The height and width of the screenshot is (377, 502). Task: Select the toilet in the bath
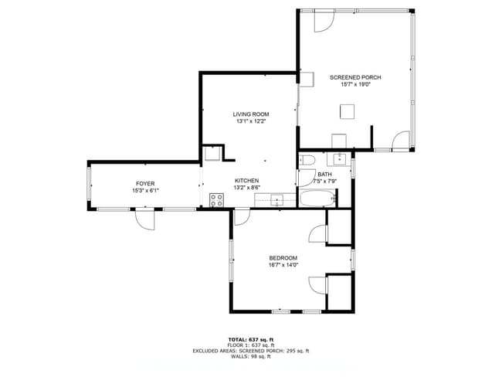[x=307, y=160]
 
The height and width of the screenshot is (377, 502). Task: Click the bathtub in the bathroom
[x=317, y=199]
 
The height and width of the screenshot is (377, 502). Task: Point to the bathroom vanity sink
[x=338, y=159]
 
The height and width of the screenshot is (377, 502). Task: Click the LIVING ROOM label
[x=251, y=114]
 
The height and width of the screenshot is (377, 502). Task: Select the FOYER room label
[x=145, y=183]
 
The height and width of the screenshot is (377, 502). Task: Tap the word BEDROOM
[x=283, y=258]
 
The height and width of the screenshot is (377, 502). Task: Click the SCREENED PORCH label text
[x=355, y=77]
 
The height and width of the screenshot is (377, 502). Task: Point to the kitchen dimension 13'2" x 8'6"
[x=247, y=188]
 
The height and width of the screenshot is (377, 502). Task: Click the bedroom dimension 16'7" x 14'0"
[x=283, y=265]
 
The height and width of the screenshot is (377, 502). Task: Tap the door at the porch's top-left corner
[x=324, y=21]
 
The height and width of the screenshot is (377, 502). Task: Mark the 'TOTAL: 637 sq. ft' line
[x=251, y=339]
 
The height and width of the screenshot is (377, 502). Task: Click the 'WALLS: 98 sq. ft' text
[x=251, y=357]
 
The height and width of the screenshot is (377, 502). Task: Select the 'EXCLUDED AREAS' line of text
[x=251, y=351]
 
